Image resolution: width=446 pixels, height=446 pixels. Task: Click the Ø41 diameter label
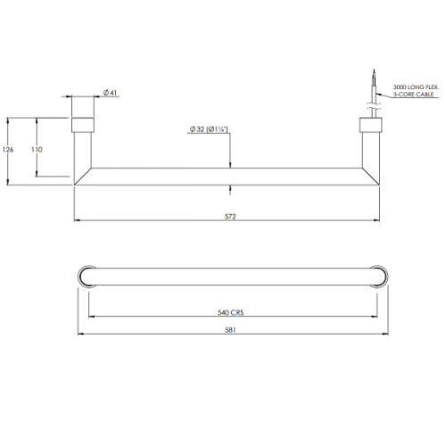(x=110, y=93)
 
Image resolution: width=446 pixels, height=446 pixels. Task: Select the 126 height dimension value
(x=8, y=150)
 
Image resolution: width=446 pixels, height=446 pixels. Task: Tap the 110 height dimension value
(x=37, y=150)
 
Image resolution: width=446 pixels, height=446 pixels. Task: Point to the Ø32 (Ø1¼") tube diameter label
(x=209, y=129)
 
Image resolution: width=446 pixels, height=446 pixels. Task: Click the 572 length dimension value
(x=230, y=217)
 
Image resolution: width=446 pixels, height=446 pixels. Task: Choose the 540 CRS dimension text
(x=231, y=312)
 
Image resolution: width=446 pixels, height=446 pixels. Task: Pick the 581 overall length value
(x=230, y=330)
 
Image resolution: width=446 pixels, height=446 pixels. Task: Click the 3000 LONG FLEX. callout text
(x=416, y=87)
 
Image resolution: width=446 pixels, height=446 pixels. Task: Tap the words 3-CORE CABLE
(x=414, y=95)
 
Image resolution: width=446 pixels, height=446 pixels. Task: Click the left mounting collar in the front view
(x=83, y=125)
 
